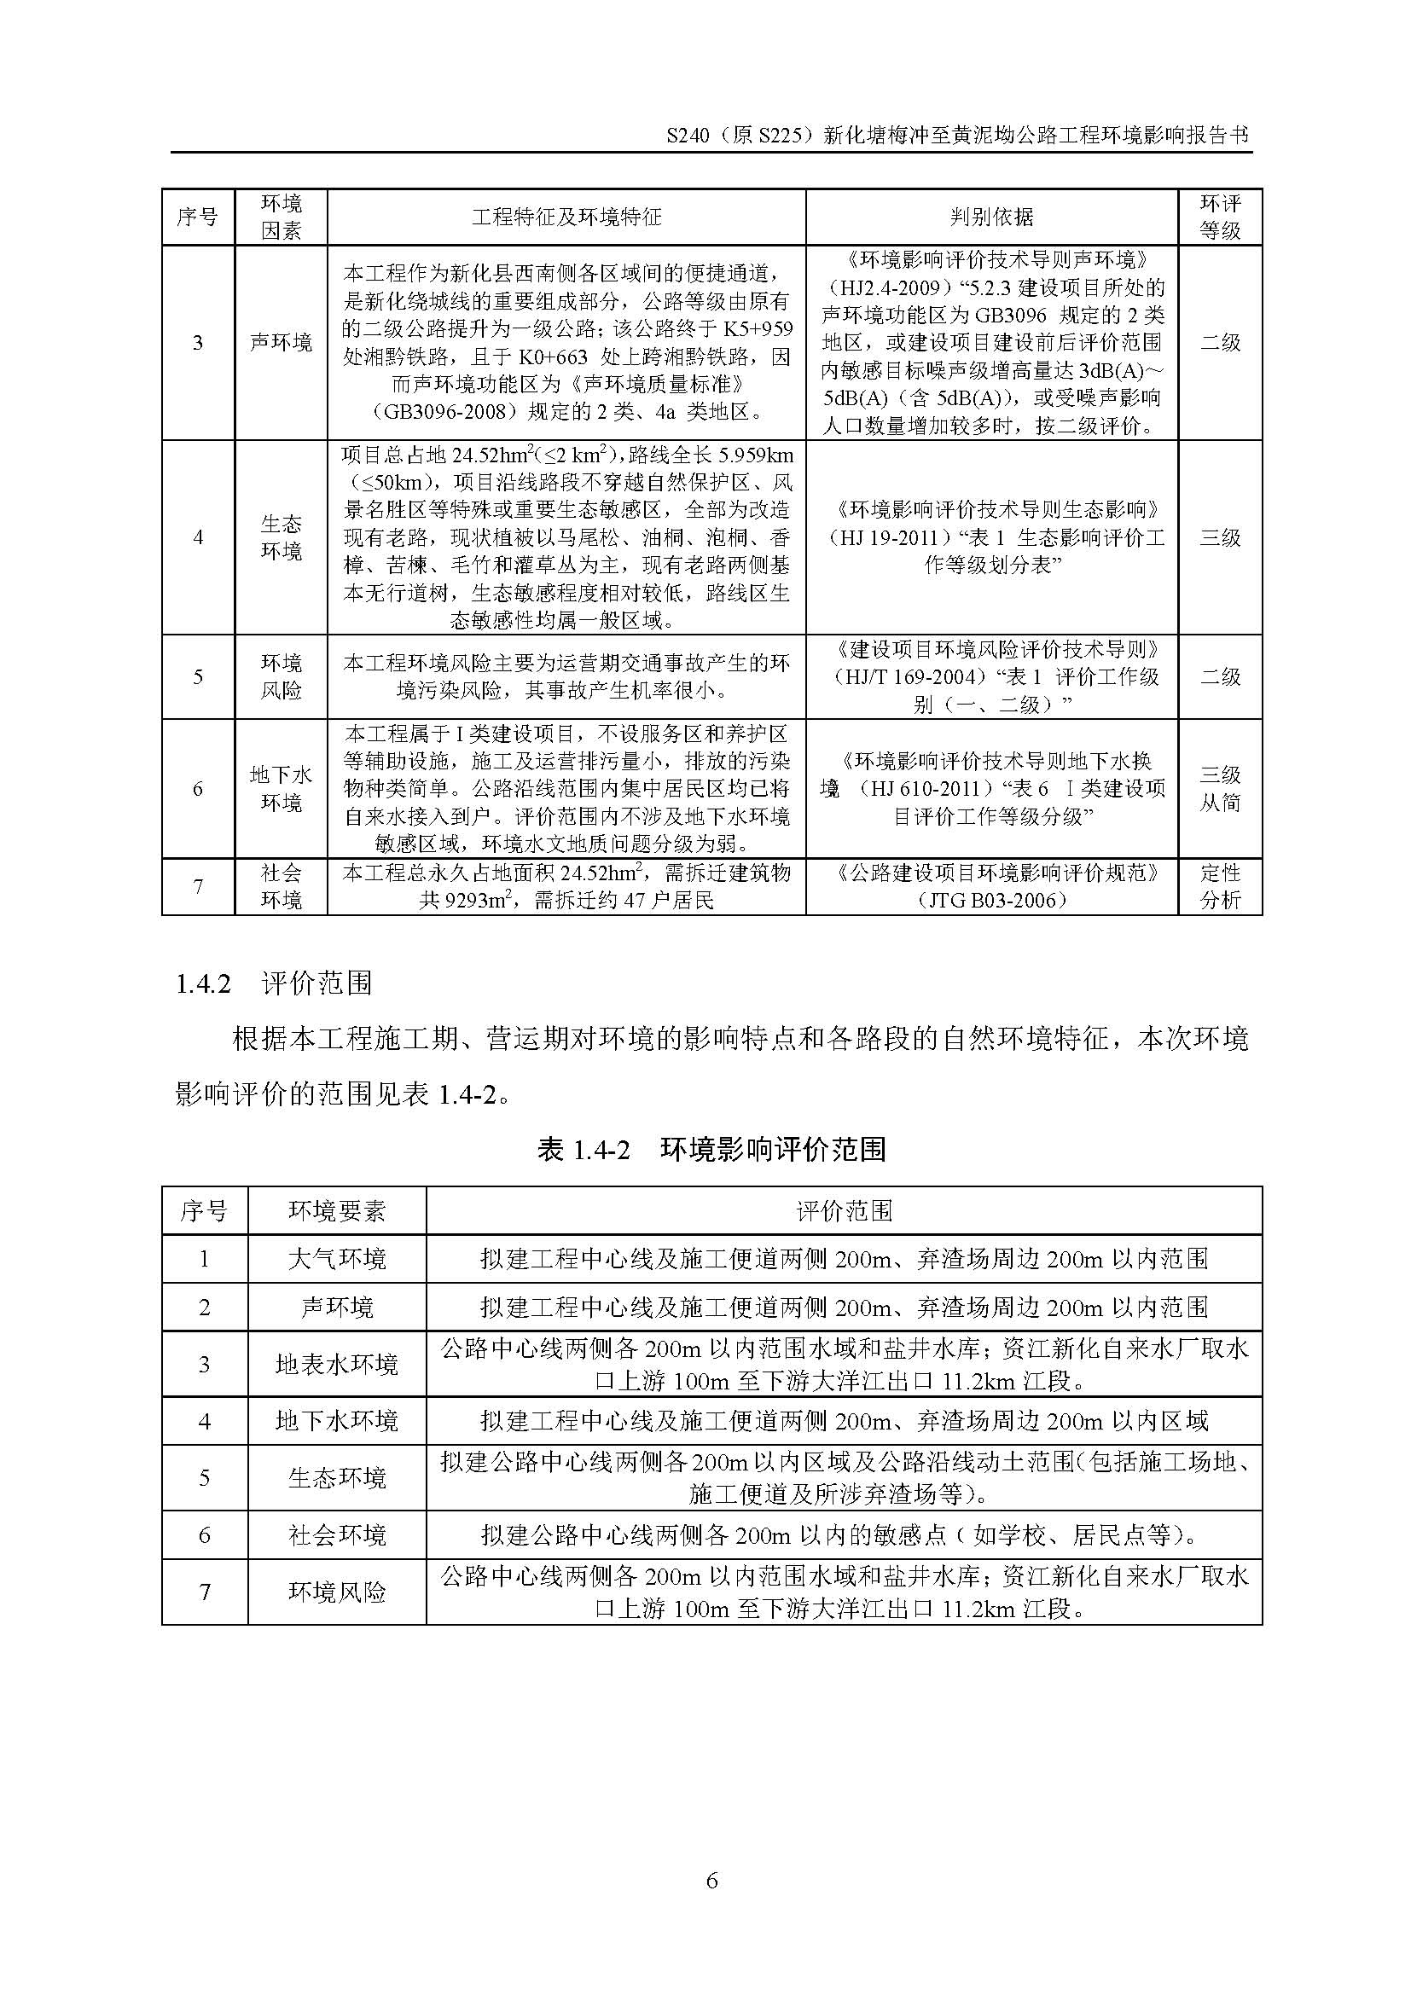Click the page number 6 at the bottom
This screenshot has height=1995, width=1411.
pyautogui.click(x=711, y=1881)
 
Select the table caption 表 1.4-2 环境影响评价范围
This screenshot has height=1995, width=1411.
pyautogui.click(x=711, y=1150)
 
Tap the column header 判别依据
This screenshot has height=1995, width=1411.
pyautogui.click(x=991, y=217)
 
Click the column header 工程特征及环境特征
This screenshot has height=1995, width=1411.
pyautogui.click(x=566, y=217)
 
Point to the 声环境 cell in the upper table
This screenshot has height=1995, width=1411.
pyautogui.click(x=281, y=343)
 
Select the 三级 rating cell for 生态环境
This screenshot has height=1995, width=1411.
pyautogui.click(x=1220, y=538)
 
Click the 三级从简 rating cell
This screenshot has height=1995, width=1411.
pyautogui.click(x=1220, y=789)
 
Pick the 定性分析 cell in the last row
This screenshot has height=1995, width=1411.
pyautogui.click(x=1220, y=886)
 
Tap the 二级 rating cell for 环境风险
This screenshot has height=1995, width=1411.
pyautogui.click(x=1220, y=677)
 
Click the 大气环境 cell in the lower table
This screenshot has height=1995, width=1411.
pyautogui.click(x=336, y=1258)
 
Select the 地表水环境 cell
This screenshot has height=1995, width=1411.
pyautogui.click(x=336, y=1364)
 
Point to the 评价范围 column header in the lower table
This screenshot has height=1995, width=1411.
pyautogui.click(x=844, y=1210)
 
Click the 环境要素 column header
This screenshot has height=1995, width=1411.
pyautogui.click(x=336, y=1210)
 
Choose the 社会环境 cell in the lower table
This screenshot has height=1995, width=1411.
pyautogui.click(x=336, y=1535)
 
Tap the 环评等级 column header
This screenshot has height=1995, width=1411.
pyautogui.click(x=1220, y=217)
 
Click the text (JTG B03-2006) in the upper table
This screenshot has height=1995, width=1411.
pyautogui.click(x=991, y=900)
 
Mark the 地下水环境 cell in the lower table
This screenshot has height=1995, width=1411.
pyautogui.click(x=336, y=1422)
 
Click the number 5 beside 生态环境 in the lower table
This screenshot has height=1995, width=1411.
pyautogui.click(x=204, y=1478)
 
